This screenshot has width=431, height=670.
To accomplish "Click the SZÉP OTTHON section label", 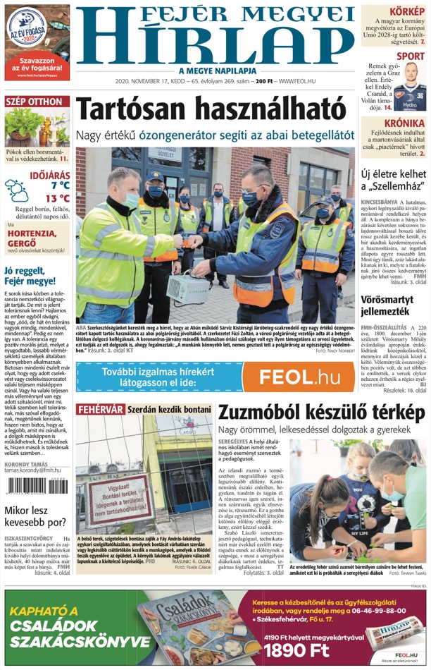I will coord(34,102).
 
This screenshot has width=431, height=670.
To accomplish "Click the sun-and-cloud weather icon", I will coord(15,191).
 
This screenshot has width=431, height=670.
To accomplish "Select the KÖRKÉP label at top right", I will coord(407,11).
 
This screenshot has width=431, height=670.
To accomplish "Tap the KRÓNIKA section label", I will coord(404,123).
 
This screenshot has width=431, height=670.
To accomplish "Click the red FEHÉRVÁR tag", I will coord(100,409).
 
